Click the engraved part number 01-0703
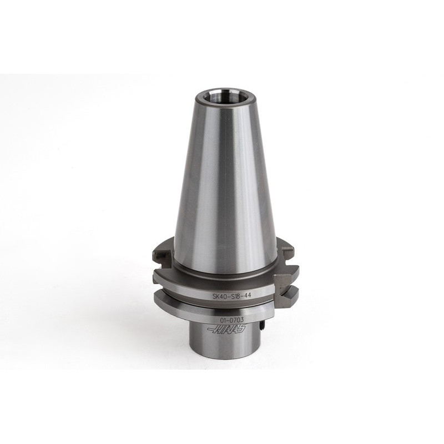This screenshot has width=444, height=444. click(x=231, y=320)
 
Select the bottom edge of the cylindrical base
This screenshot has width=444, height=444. click(x=222, y=367)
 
